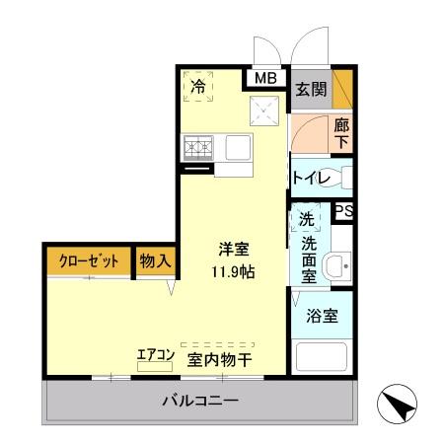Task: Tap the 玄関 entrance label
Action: pos(309,90)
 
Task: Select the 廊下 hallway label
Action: pos(341,133)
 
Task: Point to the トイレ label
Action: pos(309,178)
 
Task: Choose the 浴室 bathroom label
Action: pos(322,317)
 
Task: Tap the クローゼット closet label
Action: pos(88,260)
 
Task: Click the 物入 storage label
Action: pos(155,260)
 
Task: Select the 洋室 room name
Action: pos(234,250)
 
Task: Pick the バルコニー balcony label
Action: pos(201,402)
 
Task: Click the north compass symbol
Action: pos(400,403)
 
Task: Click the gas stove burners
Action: pos(198,149)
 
